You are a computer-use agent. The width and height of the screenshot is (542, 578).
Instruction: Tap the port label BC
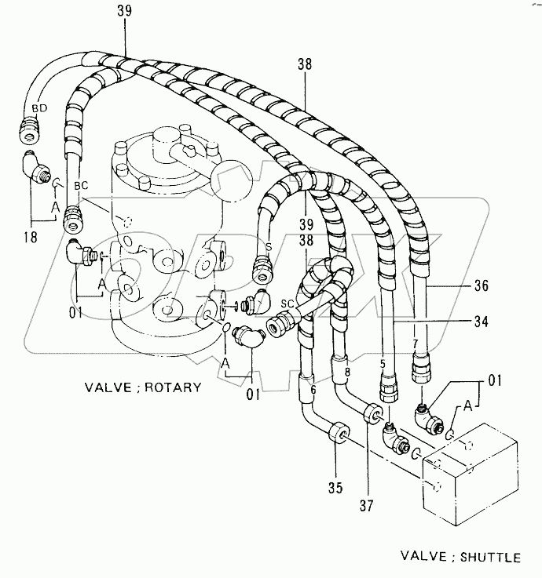pyautogui.click(x=80, y=186)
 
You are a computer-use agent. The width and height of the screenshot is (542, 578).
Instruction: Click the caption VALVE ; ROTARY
pyautogui.click(x=142, y=387)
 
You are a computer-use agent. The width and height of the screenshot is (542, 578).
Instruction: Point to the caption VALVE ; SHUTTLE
pyautogui.click(x=460, y=558)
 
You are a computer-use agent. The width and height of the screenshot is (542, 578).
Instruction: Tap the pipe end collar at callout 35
pyautogui.click(x=340, y=433)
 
